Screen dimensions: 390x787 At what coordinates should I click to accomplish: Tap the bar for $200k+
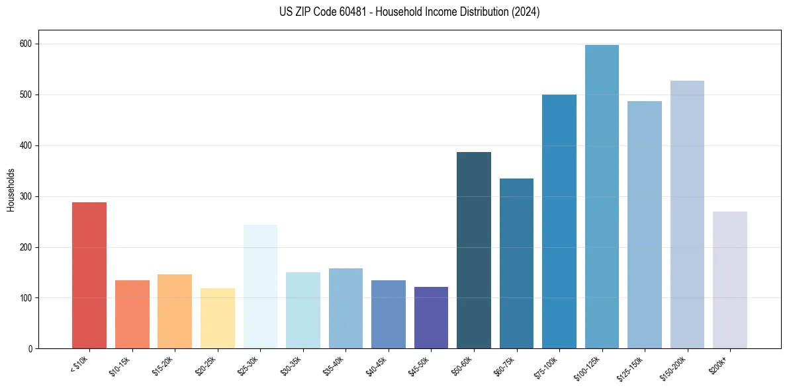pos(729,280)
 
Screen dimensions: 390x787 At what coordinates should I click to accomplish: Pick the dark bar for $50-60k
pos(474,251)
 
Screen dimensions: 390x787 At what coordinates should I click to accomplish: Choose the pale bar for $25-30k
pos(260,287)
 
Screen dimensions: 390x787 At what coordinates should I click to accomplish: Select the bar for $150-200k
pos(687,215)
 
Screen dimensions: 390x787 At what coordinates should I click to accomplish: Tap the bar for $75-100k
pos(559,221)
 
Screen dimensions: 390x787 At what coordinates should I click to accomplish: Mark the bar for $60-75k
pos(516,264)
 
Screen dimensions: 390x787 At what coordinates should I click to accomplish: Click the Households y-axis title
pos(11,189)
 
